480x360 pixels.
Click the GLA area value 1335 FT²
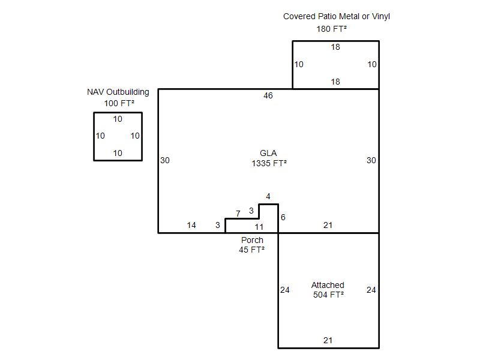click(x=269, y=163)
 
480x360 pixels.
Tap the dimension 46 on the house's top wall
click(x=268, y=96)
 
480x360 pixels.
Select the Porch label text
click(x=252, y=240)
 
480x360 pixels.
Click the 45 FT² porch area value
click(x=251, y=250)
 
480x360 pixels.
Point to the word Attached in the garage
click(x=328, y=285)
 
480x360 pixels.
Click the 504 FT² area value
click(x=328, y=295)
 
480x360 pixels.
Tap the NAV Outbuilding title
click(x=118, y=92)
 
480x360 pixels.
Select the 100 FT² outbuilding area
click(x=119, y=103)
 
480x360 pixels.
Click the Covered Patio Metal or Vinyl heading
click(x=337, y=17)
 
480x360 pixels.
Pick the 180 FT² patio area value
click(x=332, y=29)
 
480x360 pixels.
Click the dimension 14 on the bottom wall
click(x=191, y=226)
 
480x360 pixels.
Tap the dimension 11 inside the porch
click(x=259, y=227)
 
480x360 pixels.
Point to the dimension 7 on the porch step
click(x=238, y=214)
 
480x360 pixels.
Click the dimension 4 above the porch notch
click(x=268, y=197)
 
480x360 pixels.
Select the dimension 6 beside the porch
click(x=283, y=217)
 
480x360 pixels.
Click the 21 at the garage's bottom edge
click(x=328, y=340)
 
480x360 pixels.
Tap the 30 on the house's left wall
click(x=165, y=160)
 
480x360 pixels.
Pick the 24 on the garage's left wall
click(x=284, y=290)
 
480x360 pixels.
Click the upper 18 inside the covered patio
click(x=335, y=47)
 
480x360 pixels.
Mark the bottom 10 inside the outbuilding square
click(x=118, y=153)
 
